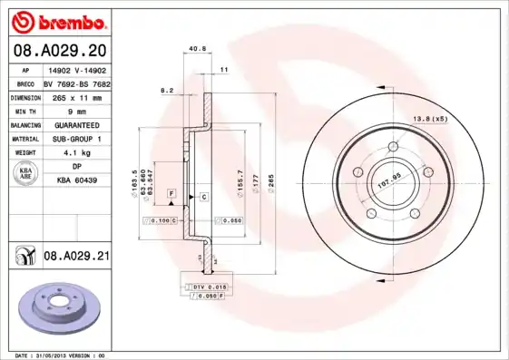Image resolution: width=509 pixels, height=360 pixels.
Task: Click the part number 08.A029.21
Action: [75, 258]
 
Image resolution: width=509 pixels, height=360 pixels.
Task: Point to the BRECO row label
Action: [25, 83]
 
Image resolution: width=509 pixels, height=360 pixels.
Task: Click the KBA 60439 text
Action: [77, 180]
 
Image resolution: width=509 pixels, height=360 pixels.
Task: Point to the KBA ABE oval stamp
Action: [26, 173]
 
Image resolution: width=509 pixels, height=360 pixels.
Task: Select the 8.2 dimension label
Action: [166, 90]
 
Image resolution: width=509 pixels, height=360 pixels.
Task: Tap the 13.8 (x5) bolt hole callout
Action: [432, 119]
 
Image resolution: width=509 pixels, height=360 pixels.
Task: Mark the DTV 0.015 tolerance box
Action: [208, 287]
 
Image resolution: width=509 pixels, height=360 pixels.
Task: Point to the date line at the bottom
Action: [61, 355]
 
